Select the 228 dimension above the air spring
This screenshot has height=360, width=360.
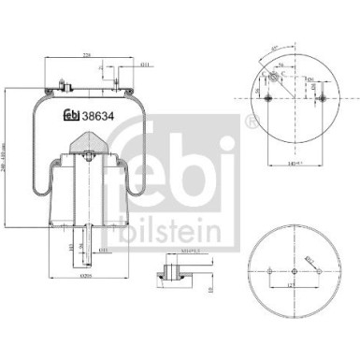point(85,55)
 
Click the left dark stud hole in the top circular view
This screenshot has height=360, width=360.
point(265,99)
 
